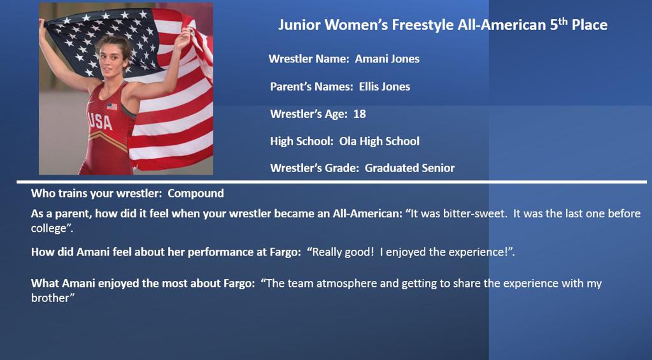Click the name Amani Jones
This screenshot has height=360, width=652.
[387, 59]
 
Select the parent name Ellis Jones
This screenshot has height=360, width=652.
[385, 87]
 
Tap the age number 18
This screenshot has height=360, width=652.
[360, 114]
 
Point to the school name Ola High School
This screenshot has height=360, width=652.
[379, 141]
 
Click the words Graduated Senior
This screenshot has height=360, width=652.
[409, 168]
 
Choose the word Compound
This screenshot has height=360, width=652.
[196, 194]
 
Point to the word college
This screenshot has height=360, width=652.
[48, 229]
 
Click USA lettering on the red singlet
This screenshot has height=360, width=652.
[100, 122]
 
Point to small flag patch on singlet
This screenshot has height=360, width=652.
[112, 106]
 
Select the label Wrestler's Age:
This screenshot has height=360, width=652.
[309, 114]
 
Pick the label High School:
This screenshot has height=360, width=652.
[302, 141]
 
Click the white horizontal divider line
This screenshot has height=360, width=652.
[332, 182]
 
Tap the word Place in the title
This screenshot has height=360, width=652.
[590, 25]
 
